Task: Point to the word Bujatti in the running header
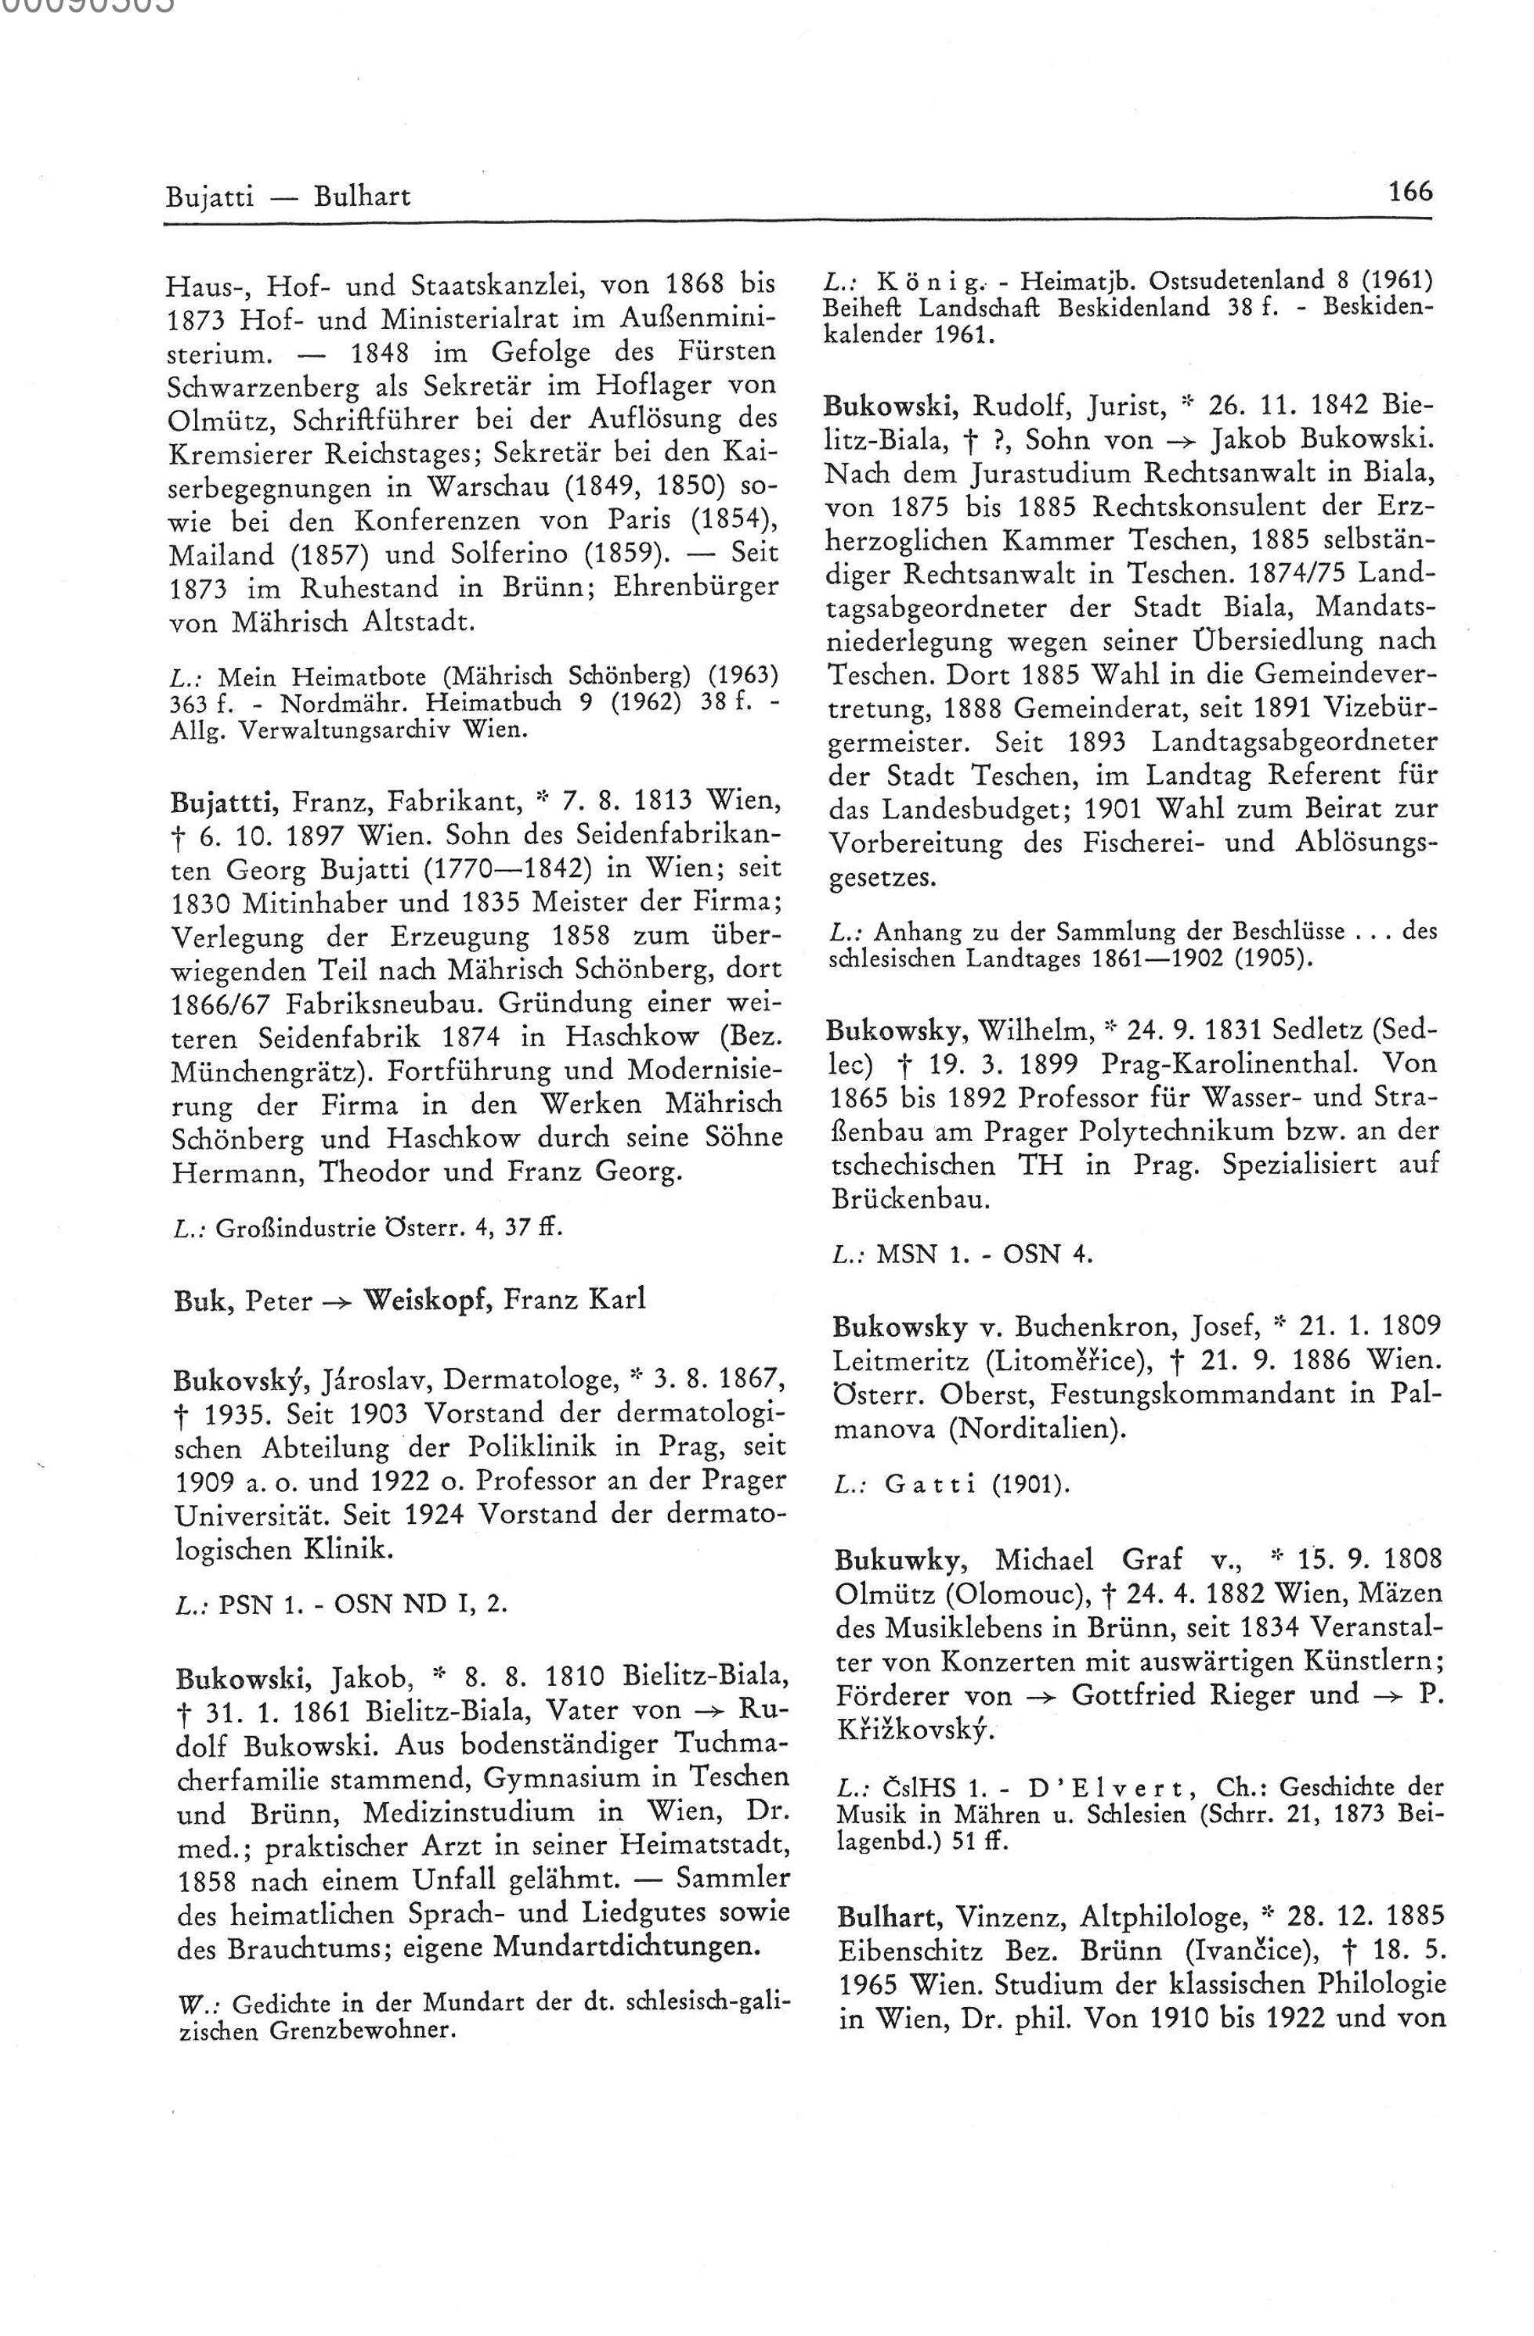[209, 197]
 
